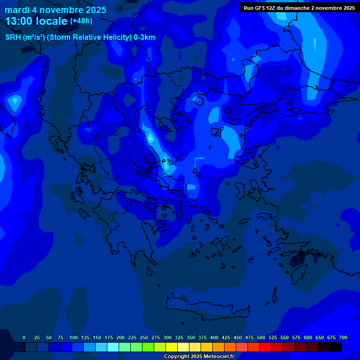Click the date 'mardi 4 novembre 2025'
55,10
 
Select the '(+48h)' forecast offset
81,21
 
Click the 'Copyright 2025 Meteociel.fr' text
199,356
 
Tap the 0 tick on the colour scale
24,337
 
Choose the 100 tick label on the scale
73,337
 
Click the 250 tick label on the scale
143,337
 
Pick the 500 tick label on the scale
261,337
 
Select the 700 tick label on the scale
343,337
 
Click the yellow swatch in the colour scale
172,347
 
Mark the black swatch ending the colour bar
336,347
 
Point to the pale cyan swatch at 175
113,347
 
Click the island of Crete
206,305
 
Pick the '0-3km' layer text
144,37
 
